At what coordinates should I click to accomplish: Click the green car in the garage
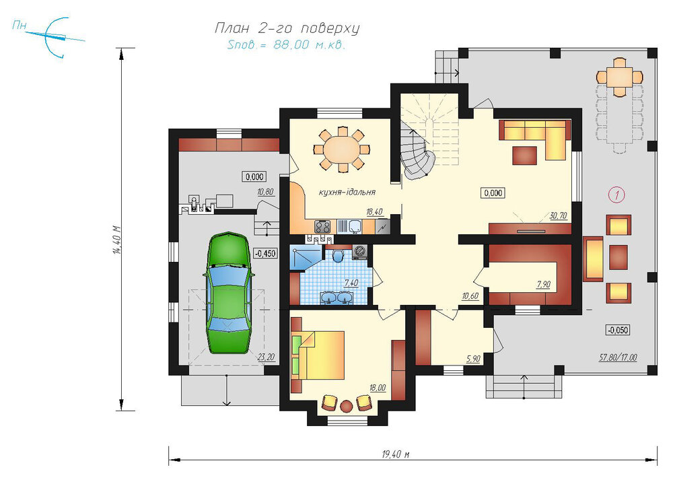click(x=228, y=292)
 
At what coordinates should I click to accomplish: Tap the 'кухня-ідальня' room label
click(x=347, y=192)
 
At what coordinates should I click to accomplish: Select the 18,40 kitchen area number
click(x=374, y=212)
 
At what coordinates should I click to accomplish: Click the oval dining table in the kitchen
click(x=341, y=149)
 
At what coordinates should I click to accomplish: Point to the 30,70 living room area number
click(x=558, y=216)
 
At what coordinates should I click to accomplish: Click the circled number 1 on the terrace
click(x=616, y=195)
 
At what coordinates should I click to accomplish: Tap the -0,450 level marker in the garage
click(x=265, y=253)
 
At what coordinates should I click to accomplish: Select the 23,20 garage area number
click(x=266, y=357)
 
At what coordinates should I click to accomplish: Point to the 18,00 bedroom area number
click(x=378, y=388)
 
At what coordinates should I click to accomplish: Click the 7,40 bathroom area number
click(x=351, y=283)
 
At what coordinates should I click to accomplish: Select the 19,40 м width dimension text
click(x=395, y=454)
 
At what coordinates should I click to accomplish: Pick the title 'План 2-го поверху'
click(x=287, y=28)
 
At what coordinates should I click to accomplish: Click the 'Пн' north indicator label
click(x=19, y=26)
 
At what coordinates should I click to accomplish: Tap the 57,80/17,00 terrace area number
click(x=618, y=357)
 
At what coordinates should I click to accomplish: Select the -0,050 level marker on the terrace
click(x=618, y=331)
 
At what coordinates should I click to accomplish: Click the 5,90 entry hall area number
click(x=473, y=359)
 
